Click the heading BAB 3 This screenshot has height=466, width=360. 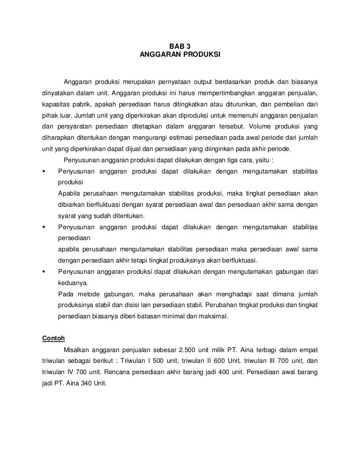(180, 46)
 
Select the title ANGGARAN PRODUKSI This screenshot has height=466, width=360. (180, 55)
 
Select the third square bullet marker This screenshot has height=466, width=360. (44, 272)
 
